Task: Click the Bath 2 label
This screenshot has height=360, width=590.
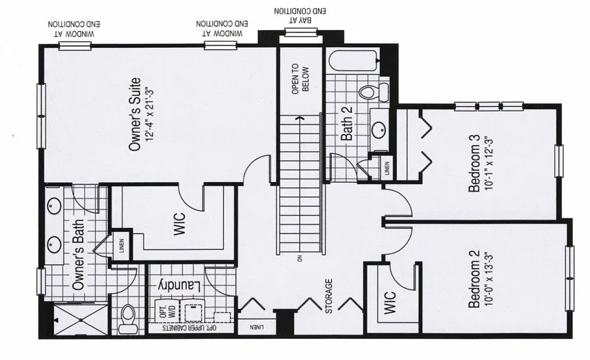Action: (347, 125)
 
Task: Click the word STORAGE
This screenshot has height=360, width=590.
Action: (329, 296)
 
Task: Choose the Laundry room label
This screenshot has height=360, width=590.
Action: (179, 283)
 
